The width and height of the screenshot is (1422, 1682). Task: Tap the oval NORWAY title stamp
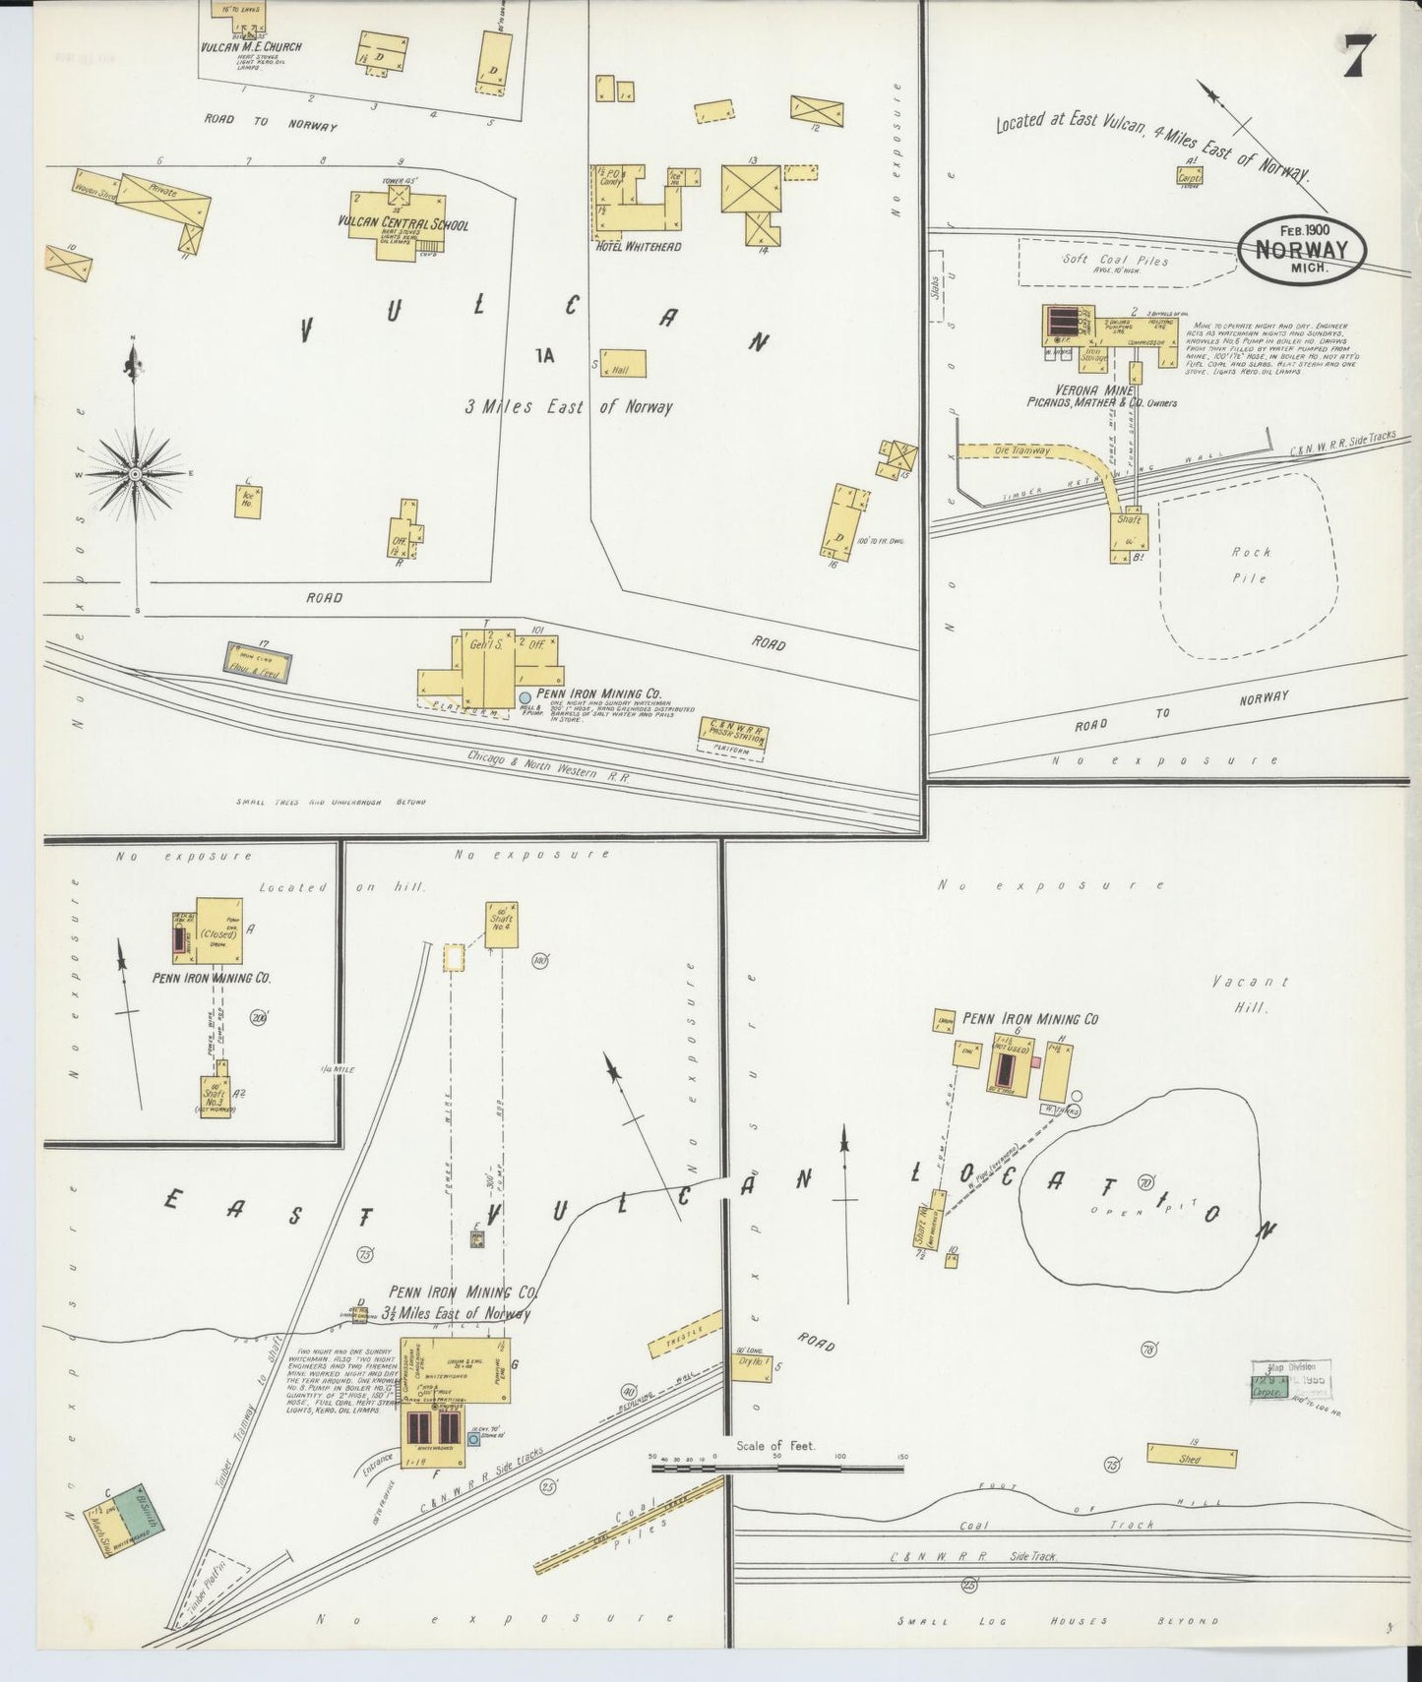[x=1302, y=249]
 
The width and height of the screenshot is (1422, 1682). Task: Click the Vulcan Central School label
[x=402, y=224]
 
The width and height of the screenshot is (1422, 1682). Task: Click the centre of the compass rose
[x=135, y=473]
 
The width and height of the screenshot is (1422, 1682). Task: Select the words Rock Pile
[x=1249, y=566]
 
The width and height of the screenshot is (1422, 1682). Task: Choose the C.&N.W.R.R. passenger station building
[x=734, y=734]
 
